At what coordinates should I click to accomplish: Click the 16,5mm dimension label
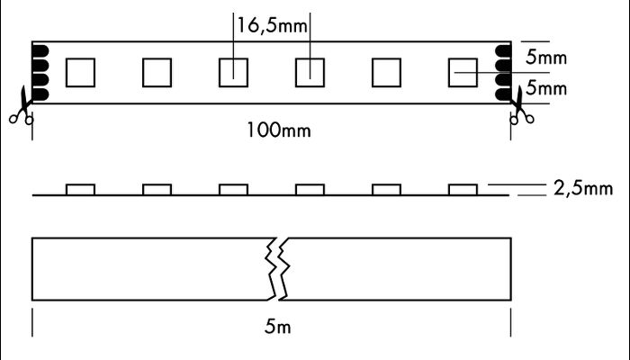272,25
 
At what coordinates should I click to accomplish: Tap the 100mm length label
278,130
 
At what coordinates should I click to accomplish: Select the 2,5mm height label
583,188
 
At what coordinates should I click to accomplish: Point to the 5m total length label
277,326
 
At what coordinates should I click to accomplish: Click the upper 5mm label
546,57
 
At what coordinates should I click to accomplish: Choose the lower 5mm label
546,88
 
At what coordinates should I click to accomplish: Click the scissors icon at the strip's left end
22,105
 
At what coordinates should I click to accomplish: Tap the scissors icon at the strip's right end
521,105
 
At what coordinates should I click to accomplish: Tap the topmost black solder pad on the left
40,51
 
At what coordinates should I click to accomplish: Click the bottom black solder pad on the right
503,94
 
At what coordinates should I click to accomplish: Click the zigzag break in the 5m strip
277,269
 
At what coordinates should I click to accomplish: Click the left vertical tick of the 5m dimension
32,322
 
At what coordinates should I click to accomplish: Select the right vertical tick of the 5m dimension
511,322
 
